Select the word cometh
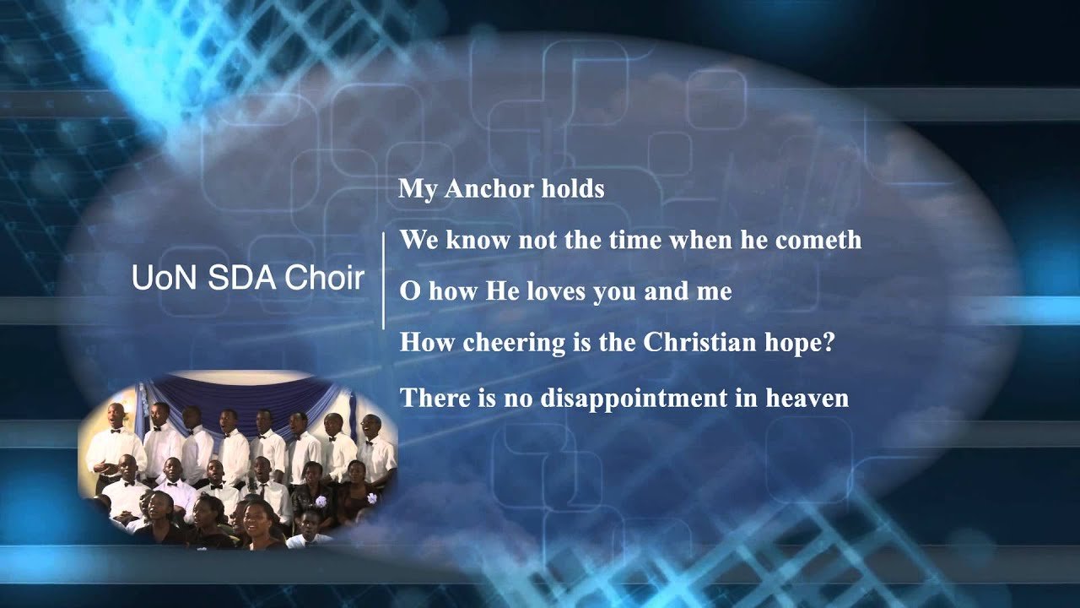pyautogui.click(x=818, y=240)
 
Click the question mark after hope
pyautogui.click(x=828, y=344)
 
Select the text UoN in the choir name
pyautogui.click(x=160, y=278)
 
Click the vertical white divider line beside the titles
pyautogui.click(x=384, y=280)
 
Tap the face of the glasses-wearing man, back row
pyautogui.click(x=369, y=425)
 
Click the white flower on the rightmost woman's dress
pyautogui.click(x=372, y=498)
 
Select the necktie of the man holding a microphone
pyautogui.click(x=262, y=490)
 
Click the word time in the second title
pyautogui.click(x=634, y=240)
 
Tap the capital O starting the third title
pyautogui.click(x=409, y=291)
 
